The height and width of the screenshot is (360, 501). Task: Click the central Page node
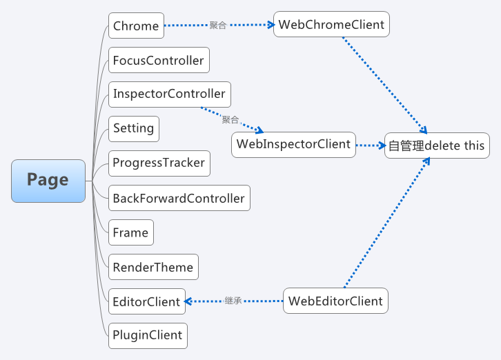click(x=48, y=181)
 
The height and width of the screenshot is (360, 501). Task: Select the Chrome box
click(x=136, y=26)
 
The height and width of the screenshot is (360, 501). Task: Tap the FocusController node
click(x=159, y=61)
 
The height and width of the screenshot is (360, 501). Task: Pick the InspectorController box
click(x=169, y=94)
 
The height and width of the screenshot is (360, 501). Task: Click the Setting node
click(x=134, y=128)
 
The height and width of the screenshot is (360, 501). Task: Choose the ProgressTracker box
click(x=159, y=163)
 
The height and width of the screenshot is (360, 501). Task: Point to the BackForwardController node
click(x=179, y=198)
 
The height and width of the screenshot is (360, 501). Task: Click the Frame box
click(x=130, y=232)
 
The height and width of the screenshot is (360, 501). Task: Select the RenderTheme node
click(x=153, y=267)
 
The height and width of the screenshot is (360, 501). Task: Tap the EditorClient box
click(x=146, y=301)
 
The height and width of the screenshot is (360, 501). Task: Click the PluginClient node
click(x=148, y=335)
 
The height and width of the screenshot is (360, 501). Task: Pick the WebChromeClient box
click(x=331, y=25)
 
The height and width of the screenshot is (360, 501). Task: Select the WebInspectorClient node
click(x=294, y=144)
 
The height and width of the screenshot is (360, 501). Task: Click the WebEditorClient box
click(x=335, y=301)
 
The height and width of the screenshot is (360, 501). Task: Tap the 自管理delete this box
click(x=436, y=146)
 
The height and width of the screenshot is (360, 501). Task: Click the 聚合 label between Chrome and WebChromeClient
click(x=217, y=26)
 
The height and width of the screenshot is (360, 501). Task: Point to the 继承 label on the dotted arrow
click(x=233, y=301)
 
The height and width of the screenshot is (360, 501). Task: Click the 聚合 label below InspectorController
click(x=230, y=119)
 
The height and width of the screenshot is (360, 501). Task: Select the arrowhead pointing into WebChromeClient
click(x=268, y=25)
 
